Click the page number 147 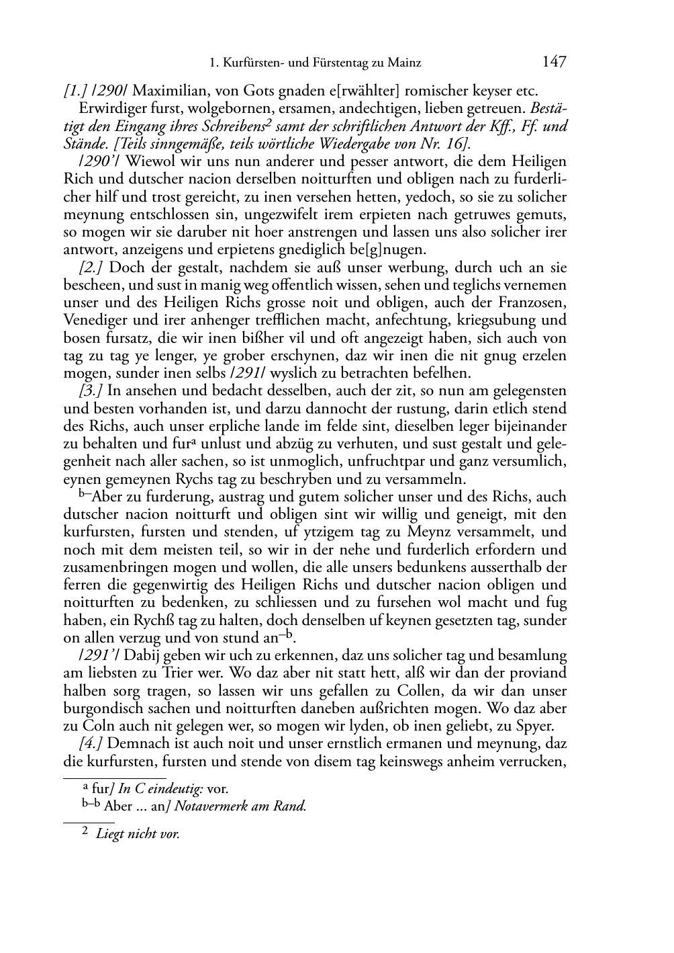(x=554, y=62)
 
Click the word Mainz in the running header (x=404, y=63)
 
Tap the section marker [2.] (x=90, y=267)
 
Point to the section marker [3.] (x=90, y=390)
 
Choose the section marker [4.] (x=90, y=743)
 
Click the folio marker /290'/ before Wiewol (x=99, y=161)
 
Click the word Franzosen (x=534, y=302)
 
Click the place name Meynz (x=430, y=532)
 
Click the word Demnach (x=134, y=743)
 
